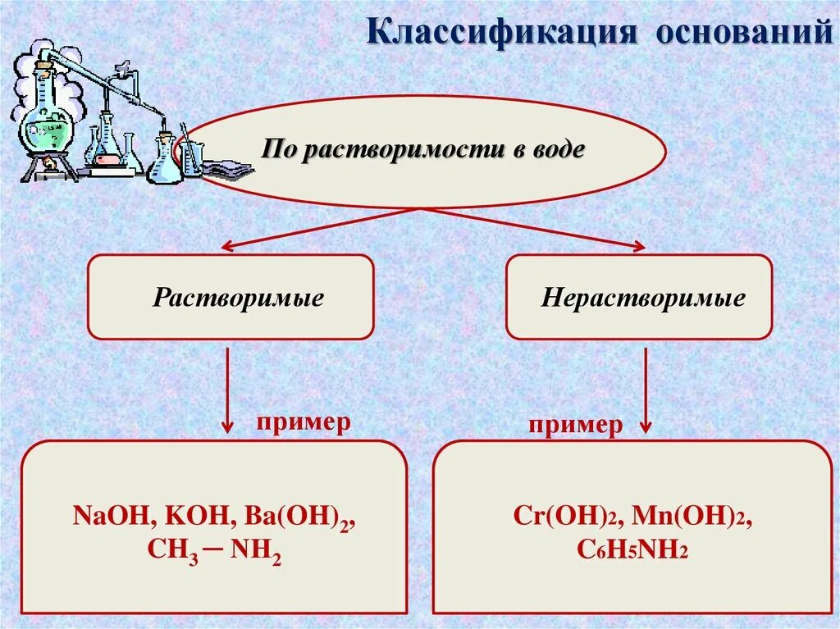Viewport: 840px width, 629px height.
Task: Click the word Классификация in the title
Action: point(502,34)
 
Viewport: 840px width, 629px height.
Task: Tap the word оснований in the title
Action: point(746,34)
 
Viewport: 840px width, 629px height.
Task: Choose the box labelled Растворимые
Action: point(231,297)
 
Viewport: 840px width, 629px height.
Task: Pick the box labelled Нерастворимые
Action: point(639,297)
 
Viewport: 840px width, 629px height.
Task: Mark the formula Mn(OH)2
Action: point(693,519)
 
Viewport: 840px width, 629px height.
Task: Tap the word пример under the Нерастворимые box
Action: point(575,425)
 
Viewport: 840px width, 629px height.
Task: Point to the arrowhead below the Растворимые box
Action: point(227,426)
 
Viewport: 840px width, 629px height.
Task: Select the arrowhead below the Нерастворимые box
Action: point(646,426)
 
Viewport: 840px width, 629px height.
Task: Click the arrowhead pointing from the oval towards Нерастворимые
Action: point(637,245)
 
